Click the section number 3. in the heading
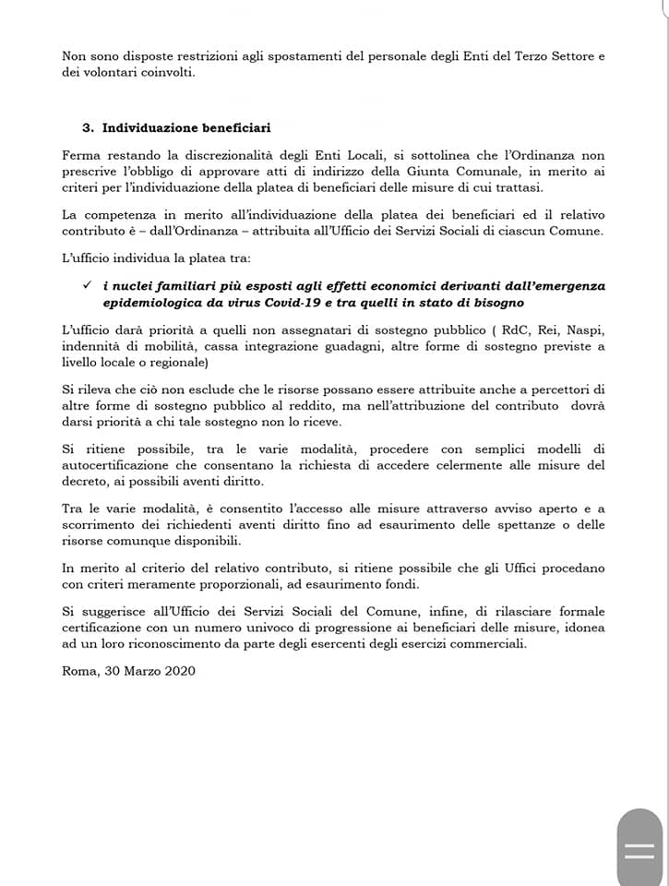(90, 126)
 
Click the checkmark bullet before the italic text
(87, 286)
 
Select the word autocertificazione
(119, 464)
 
